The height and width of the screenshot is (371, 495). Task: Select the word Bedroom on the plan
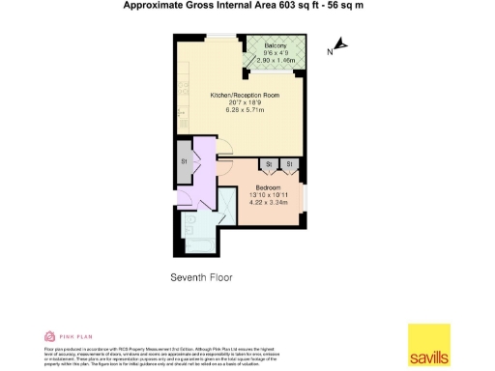[268, 186]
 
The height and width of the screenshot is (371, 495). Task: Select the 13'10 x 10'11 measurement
[268, 194]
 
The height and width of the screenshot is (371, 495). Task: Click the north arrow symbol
[341, 45]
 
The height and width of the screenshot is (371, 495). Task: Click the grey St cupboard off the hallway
[184, 160]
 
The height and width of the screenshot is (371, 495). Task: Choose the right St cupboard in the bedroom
[287, 164]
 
